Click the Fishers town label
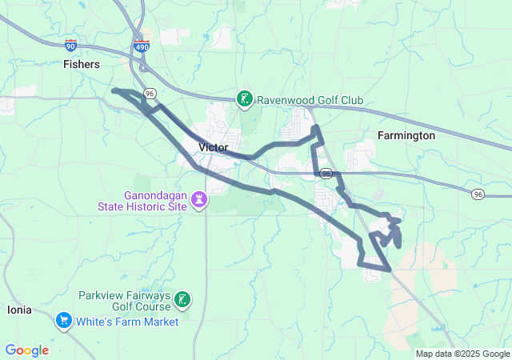[81, 63]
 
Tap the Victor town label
[213, 148]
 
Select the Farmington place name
[406, 136]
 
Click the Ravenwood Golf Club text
[310, 100]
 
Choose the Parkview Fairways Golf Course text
[124, 300]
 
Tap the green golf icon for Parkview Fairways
[183, 300]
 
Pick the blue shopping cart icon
[63, 321]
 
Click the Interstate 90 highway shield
[71, 45]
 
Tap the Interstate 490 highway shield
[142, 46]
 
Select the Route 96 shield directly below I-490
[149, 94]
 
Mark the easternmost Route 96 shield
[477, 194]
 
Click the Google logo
[27, 350]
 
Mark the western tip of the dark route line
[114, 91]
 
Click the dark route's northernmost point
[316, 127]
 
